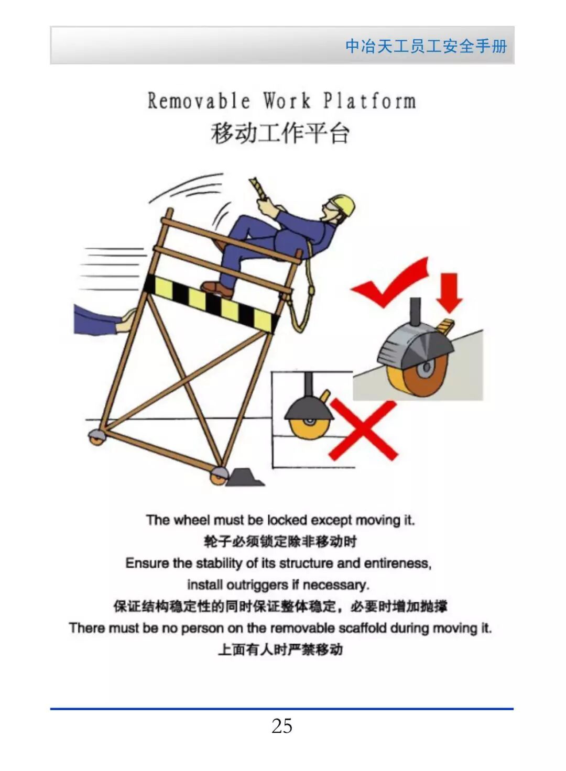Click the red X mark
[x=363, y=430]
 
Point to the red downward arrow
[x=449, y=293]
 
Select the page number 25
[x=282, y=717]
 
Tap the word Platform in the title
[x=369, y=101]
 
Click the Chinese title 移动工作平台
[x=280, y=133]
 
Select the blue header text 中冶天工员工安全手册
[x=426, y=46]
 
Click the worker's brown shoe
[x=217, y=289]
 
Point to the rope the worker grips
[x=259, y=189]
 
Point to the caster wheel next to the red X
[x=309, y=426]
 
